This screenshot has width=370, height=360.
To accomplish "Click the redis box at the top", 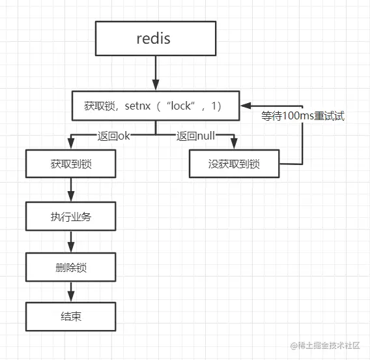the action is click(156, 38).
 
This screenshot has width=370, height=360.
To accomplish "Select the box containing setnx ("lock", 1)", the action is click(156, 106).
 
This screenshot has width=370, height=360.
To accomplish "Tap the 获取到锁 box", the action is click(71, 164).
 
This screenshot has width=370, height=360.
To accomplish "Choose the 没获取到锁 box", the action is click(234, 164).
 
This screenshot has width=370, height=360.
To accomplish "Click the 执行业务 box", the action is click(71, 216).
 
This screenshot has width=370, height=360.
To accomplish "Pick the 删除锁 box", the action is click(71, 267).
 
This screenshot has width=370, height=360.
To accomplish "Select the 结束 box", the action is click(71, 316).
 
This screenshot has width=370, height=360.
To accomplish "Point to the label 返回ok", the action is click(114, 136).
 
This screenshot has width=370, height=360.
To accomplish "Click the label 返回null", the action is click(195, 136).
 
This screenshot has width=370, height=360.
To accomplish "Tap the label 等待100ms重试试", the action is click(303, 115).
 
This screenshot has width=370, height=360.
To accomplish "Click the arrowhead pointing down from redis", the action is click(156, 85).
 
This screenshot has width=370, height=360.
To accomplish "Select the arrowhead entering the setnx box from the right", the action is click(246, 106).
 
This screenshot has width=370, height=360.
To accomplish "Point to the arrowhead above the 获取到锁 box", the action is click(71, 143).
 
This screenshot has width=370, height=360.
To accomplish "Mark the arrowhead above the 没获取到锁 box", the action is click(234, 143).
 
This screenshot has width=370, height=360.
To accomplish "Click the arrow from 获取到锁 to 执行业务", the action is click(71, 190).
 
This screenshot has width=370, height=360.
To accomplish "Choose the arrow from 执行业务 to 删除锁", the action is click(71, 242).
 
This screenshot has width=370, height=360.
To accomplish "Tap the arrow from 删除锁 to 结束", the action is click(71, 292).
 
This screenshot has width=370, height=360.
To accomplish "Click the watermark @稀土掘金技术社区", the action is click(325, 346).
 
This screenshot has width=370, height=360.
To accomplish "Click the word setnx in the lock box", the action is click(137, 106).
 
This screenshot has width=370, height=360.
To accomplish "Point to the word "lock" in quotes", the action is click(180, 106).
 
